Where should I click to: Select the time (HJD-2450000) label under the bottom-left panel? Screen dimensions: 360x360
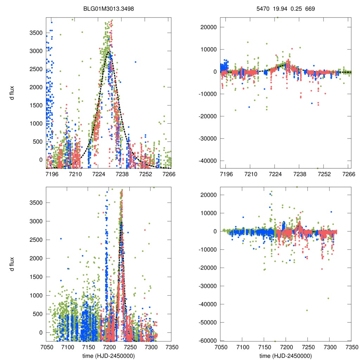(x=108, y=356)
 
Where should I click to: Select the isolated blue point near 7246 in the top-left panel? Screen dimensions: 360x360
(x=135, y=62)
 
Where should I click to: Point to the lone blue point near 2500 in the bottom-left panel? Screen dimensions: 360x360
(x=60, y=239)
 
